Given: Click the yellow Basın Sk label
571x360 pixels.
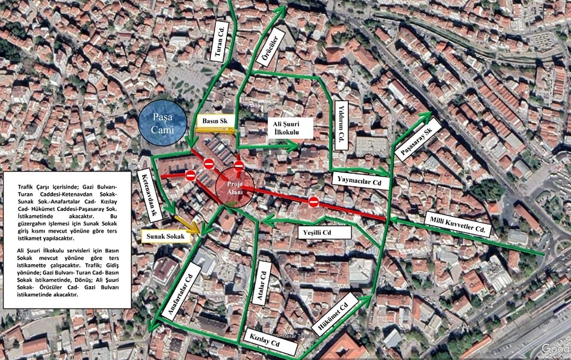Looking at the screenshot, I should click(215, 121).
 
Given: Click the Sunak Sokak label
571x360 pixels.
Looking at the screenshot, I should click(167, 237).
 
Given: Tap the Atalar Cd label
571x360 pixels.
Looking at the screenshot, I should click(262, 283).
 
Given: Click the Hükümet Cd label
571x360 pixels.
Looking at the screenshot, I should click(334, 315).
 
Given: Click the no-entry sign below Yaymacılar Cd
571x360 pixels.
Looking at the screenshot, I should click(313, 203).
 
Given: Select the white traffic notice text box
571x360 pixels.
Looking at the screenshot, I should click(67, 240).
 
